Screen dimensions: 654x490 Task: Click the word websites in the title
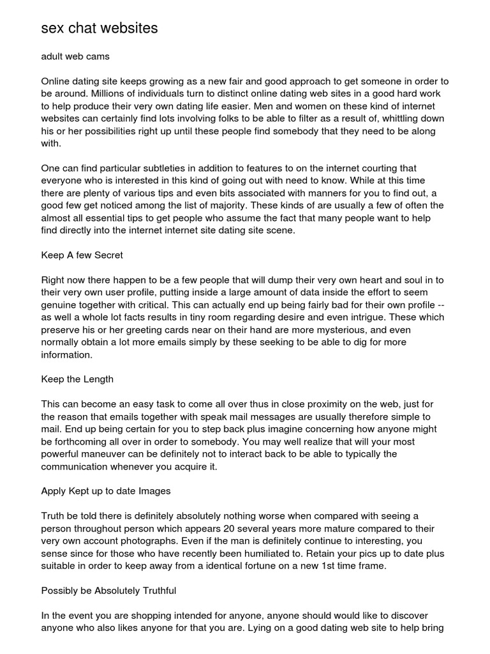point(125,28)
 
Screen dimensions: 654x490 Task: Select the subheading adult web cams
point(75,56)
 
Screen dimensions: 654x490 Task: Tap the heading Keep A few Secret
point(82,255)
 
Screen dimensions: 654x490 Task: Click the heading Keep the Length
point(77,379)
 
